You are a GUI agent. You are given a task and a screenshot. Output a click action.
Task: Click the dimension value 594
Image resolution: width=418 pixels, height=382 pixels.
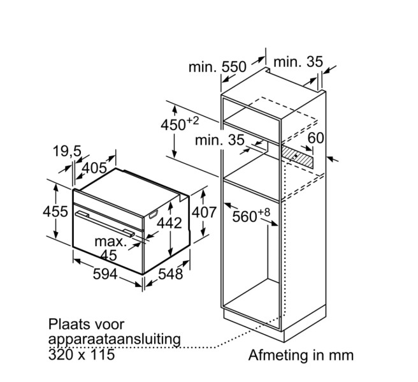(105, 275)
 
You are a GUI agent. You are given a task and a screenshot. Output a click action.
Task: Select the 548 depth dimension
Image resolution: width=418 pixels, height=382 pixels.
(170, 275)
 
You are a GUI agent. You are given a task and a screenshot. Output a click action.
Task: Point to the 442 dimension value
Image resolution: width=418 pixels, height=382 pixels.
(169, 223)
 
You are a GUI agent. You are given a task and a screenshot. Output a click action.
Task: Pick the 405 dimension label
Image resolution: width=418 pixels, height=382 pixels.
(94, 169)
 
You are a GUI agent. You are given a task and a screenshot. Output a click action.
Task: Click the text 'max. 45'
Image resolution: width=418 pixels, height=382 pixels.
(111, 249)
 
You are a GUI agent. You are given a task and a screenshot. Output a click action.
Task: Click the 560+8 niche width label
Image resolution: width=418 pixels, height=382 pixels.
(252, 217)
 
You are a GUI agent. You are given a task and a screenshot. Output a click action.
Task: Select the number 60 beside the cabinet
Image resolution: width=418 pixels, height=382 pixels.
(316, 138)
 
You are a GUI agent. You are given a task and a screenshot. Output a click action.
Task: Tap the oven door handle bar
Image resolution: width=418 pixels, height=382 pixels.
(105, 226)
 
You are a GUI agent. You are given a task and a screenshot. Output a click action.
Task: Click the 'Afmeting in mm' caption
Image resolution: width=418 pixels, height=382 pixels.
(300, 354)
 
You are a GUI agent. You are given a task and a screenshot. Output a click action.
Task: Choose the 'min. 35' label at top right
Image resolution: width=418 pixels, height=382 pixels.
(299, 62)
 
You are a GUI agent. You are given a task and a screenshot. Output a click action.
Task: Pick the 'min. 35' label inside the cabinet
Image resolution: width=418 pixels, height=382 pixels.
(220, 140)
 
